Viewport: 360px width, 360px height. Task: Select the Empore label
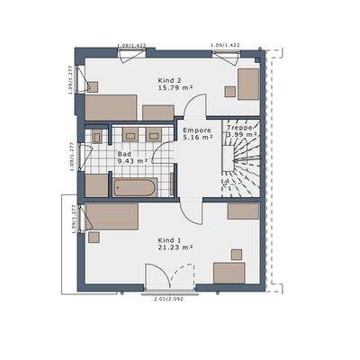[196, 130]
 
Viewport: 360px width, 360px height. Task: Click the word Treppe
[238, 128]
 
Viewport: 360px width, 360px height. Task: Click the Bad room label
[123, 155]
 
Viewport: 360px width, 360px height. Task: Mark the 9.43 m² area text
[132, 163]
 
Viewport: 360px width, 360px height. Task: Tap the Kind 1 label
[170, 240]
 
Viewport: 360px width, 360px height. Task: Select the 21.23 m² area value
[170, 248]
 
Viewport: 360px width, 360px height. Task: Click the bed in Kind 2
[111, 106]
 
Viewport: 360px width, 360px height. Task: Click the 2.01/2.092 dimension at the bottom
[169, 298]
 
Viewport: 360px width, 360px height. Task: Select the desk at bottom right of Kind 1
[229, 273]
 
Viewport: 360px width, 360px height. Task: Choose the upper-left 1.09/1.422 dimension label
[132, 44]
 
